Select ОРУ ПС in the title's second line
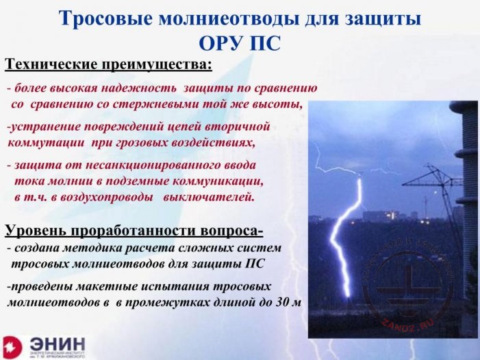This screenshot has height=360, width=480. pos(239,42)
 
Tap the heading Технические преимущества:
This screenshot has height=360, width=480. pos(109,65)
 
